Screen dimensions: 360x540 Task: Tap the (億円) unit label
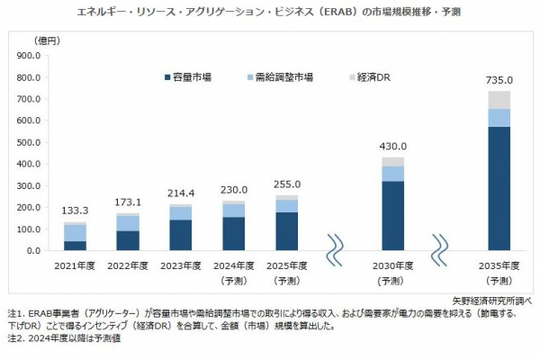coord(45,41)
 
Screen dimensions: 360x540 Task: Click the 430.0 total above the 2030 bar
coord(392,147)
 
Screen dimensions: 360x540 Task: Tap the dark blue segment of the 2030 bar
coord(392,216)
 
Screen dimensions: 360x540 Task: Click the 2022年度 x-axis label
coord(127,267)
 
